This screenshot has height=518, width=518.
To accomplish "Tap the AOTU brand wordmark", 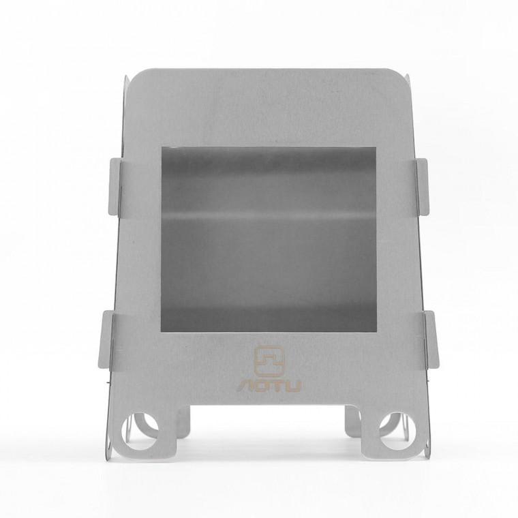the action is pyautogui.click(x=269, y=386).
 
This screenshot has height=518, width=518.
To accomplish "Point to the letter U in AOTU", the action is pyautogui.click(x=292, y=386).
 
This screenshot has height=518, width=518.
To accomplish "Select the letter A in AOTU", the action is pyautogui.click(x=245, y=386).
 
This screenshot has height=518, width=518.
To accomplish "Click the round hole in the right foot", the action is pyautogui.click(x=398, y=431).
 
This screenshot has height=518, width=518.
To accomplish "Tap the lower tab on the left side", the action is pyautogui.click(x=106, y=339).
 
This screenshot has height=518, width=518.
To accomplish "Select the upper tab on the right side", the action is pyautogui.click(x=423, y=187).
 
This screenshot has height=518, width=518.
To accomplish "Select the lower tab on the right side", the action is pyautogui.click(x=431, y=339).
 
